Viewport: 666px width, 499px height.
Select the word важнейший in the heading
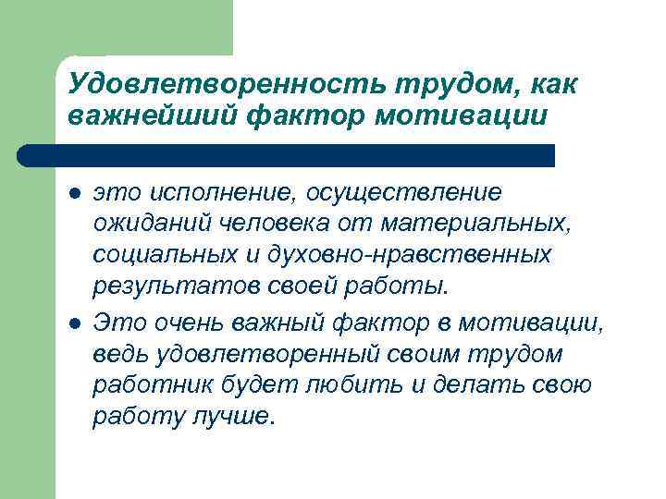pos(150,116)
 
